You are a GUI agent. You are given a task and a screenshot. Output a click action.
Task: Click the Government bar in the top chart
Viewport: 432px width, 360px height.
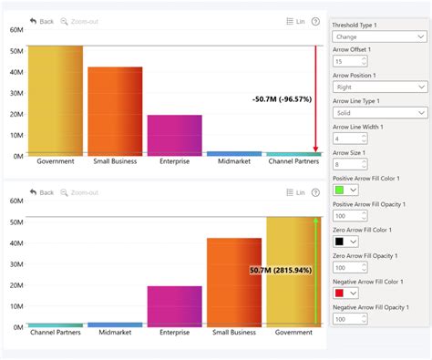56,100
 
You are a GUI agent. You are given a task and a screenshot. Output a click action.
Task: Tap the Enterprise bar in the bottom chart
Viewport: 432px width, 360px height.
174,306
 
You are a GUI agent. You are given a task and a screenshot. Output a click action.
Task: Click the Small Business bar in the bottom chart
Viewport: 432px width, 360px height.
234,283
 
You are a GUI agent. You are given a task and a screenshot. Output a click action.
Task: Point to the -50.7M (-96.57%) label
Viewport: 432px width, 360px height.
283,98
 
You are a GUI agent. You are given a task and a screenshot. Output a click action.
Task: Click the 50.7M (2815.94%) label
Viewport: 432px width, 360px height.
281,271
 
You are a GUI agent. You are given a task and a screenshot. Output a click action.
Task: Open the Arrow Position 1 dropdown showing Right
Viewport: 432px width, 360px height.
379,87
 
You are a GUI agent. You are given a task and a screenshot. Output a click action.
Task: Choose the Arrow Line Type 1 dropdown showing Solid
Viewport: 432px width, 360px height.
379,113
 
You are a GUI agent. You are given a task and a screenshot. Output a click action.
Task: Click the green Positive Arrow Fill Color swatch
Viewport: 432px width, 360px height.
340,190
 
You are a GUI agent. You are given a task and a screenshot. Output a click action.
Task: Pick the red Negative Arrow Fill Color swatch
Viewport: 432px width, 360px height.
340,293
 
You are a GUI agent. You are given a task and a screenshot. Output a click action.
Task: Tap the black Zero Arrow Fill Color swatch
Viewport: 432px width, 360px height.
340,242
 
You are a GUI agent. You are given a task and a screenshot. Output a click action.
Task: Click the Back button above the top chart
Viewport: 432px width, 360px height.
42,21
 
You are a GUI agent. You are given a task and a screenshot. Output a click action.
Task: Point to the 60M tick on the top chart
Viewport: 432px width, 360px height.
15,30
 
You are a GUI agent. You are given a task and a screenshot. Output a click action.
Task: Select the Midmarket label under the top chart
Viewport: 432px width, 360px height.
233,161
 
